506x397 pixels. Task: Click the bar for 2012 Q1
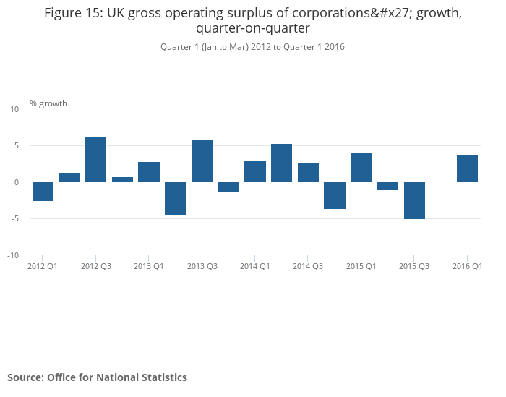43,192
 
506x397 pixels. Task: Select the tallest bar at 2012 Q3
95,160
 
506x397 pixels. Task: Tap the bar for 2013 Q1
149,172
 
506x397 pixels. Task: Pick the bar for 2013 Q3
202,161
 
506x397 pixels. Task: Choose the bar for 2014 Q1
255,171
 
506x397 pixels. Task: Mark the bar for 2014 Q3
308,173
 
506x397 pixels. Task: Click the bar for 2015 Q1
361,168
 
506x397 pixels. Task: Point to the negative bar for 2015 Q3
414,200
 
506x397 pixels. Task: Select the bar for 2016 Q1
468,168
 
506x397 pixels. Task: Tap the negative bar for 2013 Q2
176,198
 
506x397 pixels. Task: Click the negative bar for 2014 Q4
335,195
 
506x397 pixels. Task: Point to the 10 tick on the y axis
14,109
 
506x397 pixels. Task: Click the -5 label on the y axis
14,219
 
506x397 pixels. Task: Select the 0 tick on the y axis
16,182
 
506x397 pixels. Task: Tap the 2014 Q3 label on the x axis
308,266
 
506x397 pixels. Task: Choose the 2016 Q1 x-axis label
467,266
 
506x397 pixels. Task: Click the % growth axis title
48,103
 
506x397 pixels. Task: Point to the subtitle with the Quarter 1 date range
252,47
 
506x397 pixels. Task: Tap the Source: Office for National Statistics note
97,377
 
